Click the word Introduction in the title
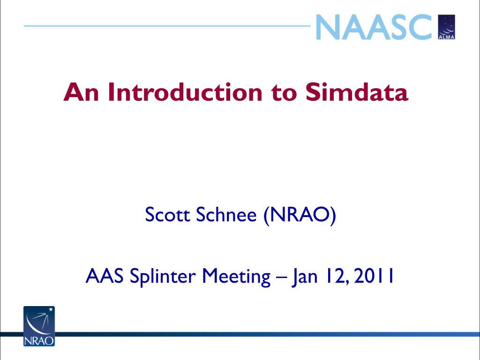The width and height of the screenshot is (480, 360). tap(185, 92)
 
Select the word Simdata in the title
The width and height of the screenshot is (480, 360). tap(357, 92)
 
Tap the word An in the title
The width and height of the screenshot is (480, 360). tap(81, 92)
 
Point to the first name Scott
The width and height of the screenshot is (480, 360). tap(167, 214)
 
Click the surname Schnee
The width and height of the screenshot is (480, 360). tap(226, 214)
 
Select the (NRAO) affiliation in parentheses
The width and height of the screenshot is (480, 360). tap(300, 215)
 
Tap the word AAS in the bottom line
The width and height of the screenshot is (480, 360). tap(105, 276)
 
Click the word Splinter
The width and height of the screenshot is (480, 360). tap(163, 277)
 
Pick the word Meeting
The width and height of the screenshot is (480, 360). tap(236, 277)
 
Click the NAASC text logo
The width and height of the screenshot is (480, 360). tap(374, 27)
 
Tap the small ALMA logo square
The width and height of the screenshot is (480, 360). tap(447, 27)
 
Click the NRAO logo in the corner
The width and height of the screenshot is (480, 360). tap(39, 326)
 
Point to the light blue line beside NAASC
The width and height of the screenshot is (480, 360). tap(167, 26)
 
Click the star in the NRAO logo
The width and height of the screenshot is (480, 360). tap(51, 309)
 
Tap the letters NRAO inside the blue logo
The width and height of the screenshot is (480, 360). tap(39, 341)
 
